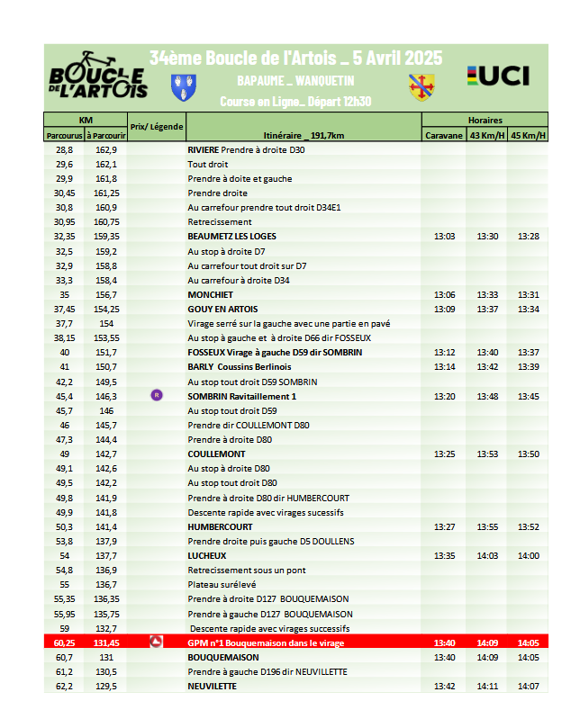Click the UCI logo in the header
498,76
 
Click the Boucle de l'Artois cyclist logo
98,75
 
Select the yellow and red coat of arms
420,87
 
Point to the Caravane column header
444,136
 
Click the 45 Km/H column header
529,136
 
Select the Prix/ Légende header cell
157,127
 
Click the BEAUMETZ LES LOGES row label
231,237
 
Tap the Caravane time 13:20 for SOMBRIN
445,396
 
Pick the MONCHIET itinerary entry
211,294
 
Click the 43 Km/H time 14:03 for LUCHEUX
487,556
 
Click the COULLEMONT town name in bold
216,454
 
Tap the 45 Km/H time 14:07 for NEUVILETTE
529,687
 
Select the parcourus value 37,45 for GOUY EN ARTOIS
64,309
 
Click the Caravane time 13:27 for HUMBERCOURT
445,527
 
